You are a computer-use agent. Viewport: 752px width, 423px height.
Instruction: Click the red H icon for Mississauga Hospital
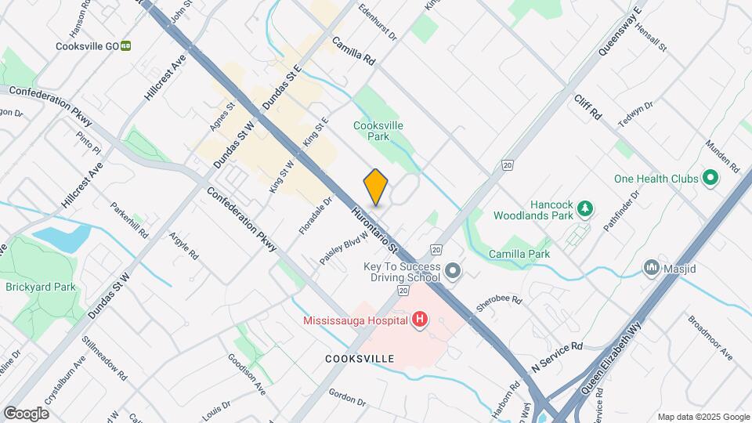420,319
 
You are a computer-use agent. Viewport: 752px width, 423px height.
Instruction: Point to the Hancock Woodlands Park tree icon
584,209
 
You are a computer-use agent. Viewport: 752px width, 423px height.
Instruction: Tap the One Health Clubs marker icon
710,179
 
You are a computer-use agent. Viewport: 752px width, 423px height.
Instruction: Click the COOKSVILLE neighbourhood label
360,358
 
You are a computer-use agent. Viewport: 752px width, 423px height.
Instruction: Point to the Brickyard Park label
41,287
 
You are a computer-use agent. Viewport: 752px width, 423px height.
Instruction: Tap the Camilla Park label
519,254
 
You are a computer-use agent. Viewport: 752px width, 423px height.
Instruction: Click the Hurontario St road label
376,229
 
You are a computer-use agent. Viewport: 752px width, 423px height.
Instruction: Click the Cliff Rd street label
587,107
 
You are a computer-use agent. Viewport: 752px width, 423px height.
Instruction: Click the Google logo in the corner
26,413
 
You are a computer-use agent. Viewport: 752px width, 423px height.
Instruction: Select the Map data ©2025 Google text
703,417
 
